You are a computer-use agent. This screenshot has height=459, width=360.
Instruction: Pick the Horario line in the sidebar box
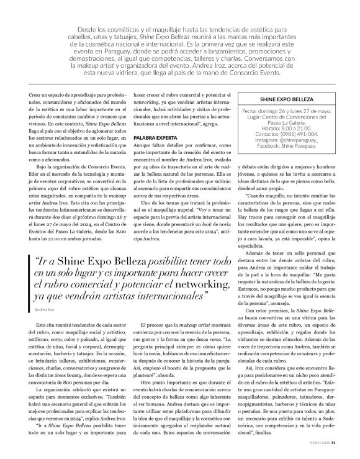pyautogui.click(x=287, y=128)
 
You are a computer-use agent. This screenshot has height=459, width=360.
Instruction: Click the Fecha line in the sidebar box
pyautogui.click(x=287, y=112)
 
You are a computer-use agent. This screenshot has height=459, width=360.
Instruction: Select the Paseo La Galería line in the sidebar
pyautogui.click(x=287, y=122)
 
